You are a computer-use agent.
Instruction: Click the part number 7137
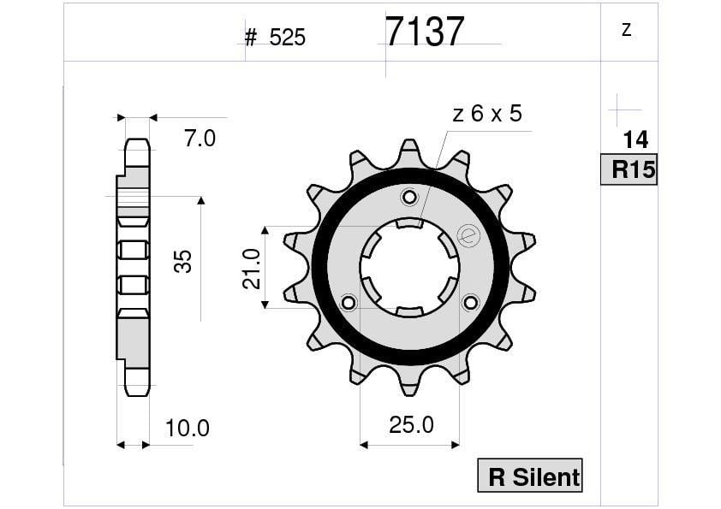coord(425,33)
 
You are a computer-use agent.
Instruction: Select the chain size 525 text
coord(287,38)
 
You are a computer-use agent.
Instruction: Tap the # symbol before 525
coord(251,38)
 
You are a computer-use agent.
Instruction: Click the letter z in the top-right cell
coord(627,30)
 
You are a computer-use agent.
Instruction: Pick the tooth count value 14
coord(635,139)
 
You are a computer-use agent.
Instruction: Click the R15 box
coord(630,169)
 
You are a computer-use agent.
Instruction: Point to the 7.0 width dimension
coord(200,138)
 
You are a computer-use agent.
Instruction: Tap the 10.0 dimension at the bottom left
coord(187,427)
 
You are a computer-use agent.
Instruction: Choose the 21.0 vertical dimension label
coord(251,268)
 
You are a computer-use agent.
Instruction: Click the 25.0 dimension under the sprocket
coord(411,424)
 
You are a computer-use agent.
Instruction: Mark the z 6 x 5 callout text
coord(487,114)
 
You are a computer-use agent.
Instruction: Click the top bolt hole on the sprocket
coord(409,198)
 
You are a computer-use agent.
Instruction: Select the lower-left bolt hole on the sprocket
coord(349,302)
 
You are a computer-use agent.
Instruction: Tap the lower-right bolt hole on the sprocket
coord(470,302)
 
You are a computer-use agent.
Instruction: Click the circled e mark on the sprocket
coord(468,235)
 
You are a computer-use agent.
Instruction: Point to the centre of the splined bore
coord(409,267)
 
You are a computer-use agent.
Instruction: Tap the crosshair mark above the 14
coord(620,109)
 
